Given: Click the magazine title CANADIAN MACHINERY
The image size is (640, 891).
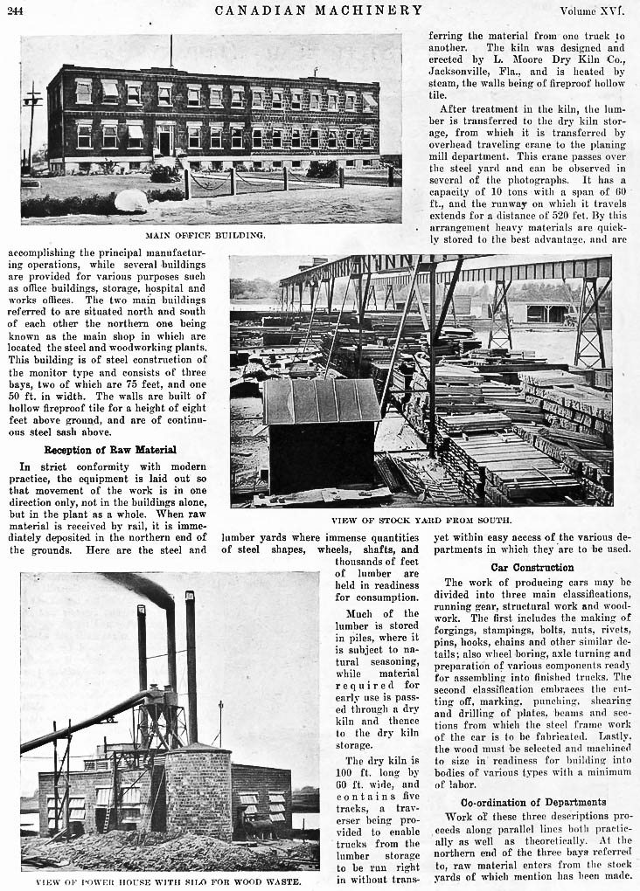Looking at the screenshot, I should coord(319,10).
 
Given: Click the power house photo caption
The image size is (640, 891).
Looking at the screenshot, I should coord(169,881).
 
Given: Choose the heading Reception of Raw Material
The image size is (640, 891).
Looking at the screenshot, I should coord(110,450).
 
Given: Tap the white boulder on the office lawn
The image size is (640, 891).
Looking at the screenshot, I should coord(131,202).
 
